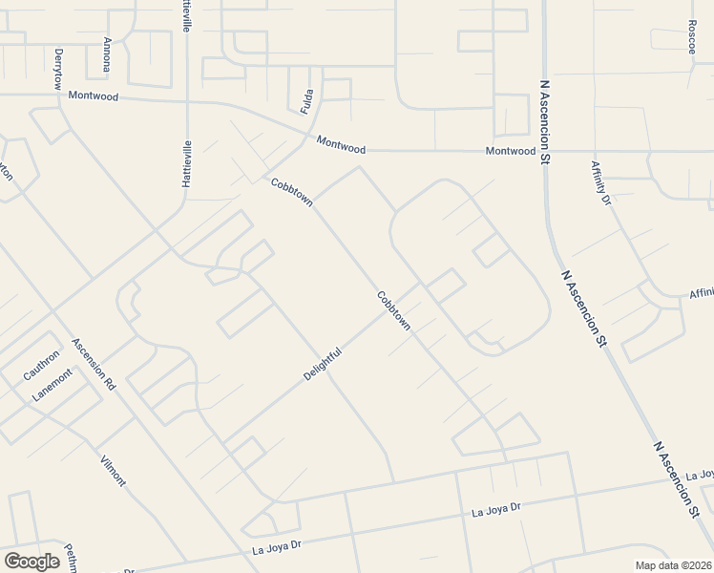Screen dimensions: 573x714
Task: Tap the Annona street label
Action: (x=108, y=53)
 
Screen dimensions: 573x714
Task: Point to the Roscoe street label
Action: (x=692, y=36)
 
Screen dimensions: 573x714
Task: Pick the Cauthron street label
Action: (x=42, y=365)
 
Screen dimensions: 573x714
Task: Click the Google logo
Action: (x=31, y=562)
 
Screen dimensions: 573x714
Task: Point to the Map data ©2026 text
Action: (x=673, y=565)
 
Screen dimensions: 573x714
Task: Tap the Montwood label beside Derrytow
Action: (x=94, y=96)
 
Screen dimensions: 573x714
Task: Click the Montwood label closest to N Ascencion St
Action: (x=510, y=151)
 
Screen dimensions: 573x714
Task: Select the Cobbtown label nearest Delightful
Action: (x=393, y=311)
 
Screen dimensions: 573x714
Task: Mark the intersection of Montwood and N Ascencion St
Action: (x=546, y=151)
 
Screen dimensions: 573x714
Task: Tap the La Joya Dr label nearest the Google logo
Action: (x=277, y=546)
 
